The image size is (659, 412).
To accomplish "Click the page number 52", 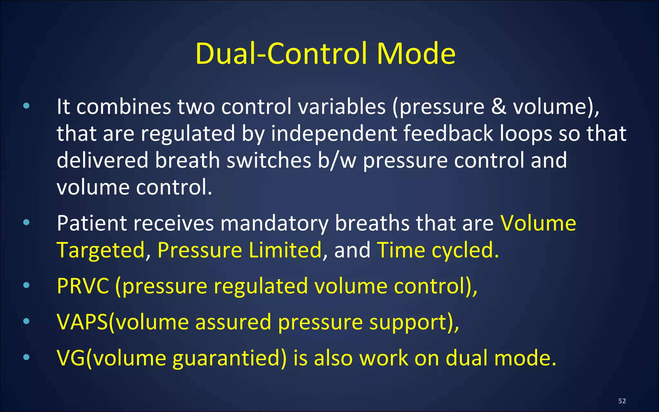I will pos(622,401).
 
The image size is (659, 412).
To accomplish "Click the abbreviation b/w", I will pos(337,160).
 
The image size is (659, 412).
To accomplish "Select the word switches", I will pos(269,160).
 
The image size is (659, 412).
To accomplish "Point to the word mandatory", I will pos(274,224).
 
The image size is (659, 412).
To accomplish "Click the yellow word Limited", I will pos(285,250).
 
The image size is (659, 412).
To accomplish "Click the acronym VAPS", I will pos(82,322).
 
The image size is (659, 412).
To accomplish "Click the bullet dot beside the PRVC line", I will pos(26,285).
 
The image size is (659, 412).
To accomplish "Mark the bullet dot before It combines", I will pos(26,106).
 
